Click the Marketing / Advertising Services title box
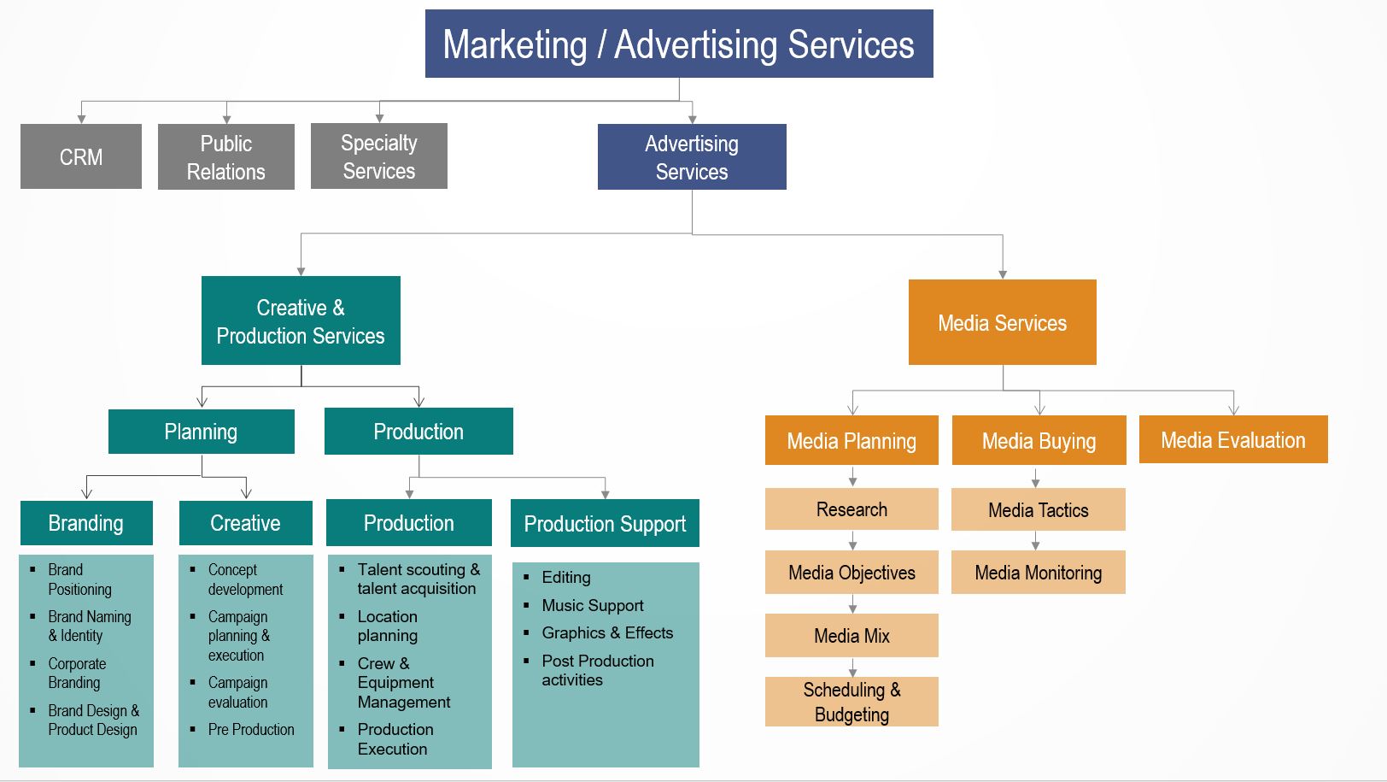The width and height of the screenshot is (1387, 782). (x=679, y=44)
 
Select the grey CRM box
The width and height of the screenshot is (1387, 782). (x=81, y=156)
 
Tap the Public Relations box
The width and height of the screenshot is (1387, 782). (x=226, y=157)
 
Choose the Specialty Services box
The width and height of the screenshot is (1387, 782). (x=379, y=156)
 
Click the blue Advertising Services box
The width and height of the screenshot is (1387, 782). (x=692, y=157)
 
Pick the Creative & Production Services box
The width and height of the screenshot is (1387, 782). (x=301, y=321)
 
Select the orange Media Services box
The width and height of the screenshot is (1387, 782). (x=1002, y=323)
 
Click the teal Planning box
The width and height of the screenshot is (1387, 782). (x=201, y=432)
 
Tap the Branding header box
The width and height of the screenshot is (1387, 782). (x=86, y=523)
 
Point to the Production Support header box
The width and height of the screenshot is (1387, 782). (x=605, y=524)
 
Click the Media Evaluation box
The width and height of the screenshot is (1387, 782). (x=1232, y=440)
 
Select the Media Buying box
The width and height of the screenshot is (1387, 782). (x=1039, y=441)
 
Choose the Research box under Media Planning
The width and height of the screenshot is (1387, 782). (x=852, y=509)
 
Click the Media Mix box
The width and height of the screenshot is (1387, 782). (x=852, y=636)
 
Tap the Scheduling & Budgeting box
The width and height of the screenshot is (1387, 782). (x=852, y=702)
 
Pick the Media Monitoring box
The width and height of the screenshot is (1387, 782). (x=1039, y=573)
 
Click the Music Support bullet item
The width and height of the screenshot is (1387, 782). (x=592, y=606)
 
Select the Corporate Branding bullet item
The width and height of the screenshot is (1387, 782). (x=77, y=673)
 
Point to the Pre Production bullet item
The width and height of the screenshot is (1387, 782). (x=250, y=730)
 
